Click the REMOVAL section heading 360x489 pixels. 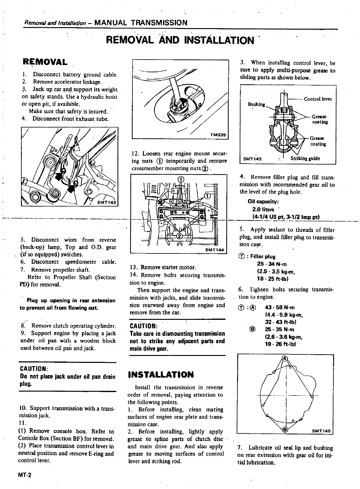coord(45,62)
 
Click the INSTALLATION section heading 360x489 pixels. coord(161,375)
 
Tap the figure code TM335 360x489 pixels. coord(218,135)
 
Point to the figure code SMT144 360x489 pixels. coord(215,250)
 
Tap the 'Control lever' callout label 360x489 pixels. coord(318,99)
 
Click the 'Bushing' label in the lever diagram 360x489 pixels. coord(256,104)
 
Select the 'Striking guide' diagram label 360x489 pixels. coord(305,159)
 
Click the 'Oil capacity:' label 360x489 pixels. coord(263,202)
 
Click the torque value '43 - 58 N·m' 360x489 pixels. coord(280,307)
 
